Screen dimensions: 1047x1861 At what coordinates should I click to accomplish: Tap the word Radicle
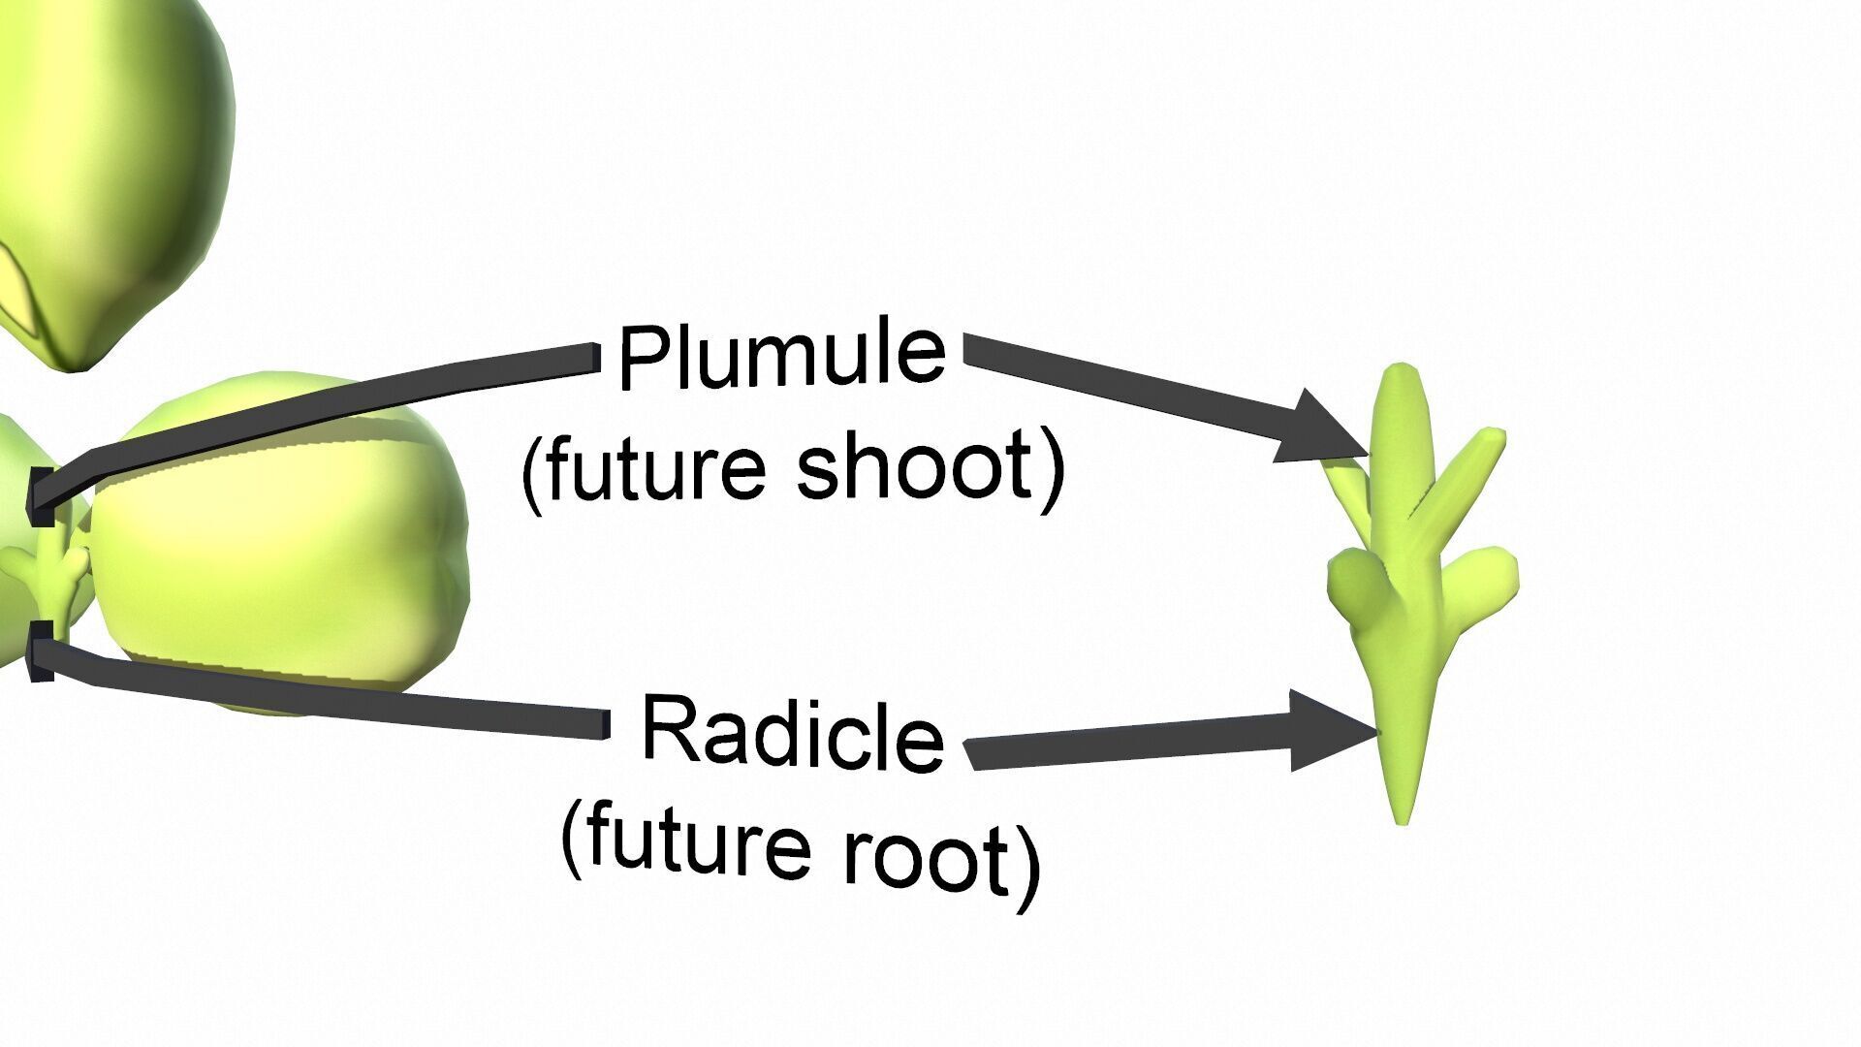[x=792, y=734]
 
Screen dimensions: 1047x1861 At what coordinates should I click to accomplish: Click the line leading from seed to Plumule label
[x=320, y=407]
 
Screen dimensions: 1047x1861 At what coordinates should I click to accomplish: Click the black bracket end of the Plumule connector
[x=40, y=496]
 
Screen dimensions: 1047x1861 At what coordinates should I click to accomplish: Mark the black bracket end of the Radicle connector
[x=41, y=651]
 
